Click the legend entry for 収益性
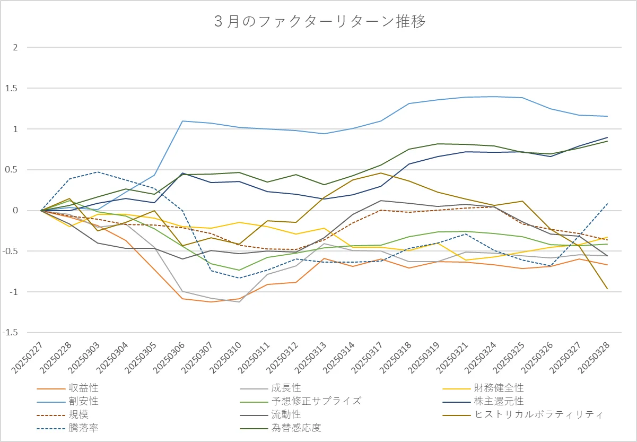(x=83, y=388)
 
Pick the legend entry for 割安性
(x=83, y=401)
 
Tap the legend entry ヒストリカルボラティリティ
(x=539, y=414)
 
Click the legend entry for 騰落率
(x=83, y=427)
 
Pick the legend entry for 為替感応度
(x=296, y=427)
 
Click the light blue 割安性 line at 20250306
(x=182, y=121)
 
